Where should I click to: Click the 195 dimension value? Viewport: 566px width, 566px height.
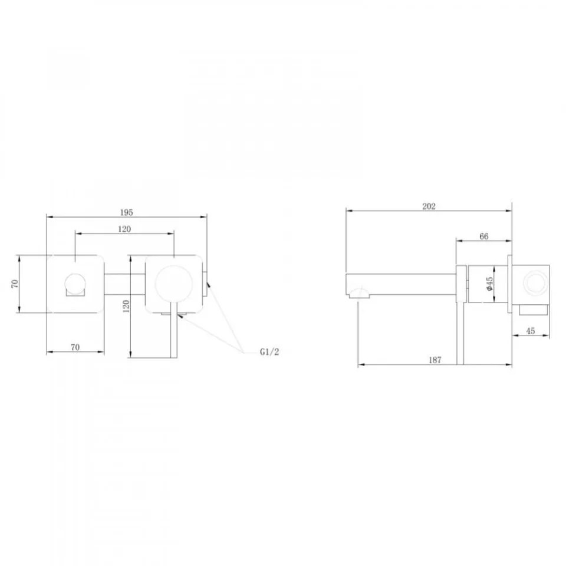[x=126, y=212]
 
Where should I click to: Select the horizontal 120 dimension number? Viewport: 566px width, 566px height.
[x=124, y=229]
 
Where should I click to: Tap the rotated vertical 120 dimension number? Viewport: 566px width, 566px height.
[x=126, y=306]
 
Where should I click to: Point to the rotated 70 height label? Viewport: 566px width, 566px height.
[x=15, y=284]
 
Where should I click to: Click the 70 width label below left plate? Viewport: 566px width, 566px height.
[x=75, y=347]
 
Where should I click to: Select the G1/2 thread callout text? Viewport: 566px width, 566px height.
[x=269, y=352]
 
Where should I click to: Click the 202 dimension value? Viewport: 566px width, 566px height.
[x=429, y=206]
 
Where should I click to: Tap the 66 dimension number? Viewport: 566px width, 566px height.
[x=483, y=236]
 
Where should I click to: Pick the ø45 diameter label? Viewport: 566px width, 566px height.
[x=489, y=284]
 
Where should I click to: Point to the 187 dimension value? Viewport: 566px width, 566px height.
[x=435, y=360]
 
